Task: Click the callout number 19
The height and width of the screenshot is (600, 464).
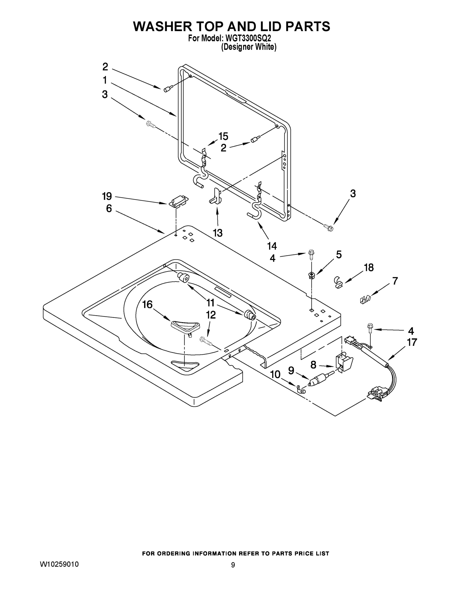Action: (x=107, y=196)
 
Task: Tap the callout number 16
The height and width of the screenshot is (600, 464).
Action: (x=147, y=304)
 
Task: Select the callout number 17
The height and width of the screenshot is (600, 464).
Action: (x=412, y=342)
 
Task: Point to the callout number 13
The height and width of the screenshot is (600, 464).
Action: (x=217, y=233)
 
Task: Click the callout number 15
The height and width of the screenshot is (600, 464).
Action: (x=223, y=136)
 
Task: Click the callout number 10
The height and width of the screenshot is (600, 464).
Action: (x=275, y=374)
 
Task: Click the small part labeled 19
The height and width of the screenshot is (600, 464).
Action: (x=178, y=201)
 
